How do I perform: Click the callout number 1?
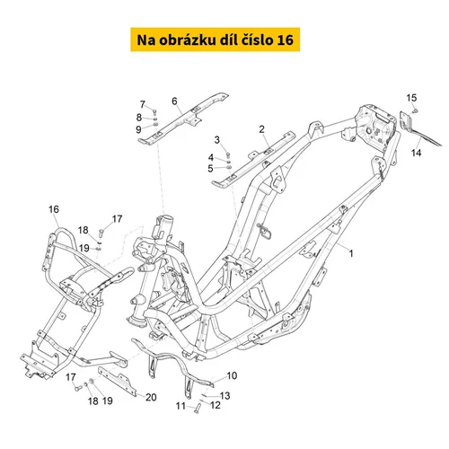351,253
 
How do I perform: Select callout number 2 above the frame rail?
261,129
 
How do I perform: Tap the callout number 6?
174,101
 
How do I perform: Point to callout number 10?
232,375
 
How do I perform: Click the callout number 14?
416,153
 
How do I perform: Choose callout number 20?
151,397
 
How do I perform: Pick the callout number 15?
411,98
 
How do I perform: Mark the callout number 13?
224,396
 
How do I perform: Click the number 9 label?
138,129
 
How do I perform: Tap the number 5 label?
210,169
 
